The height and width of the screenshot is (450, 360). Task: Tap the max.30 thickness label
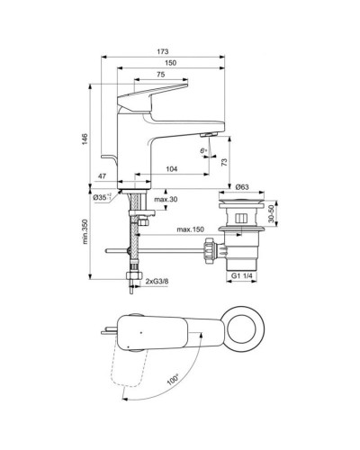[165, 198]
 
